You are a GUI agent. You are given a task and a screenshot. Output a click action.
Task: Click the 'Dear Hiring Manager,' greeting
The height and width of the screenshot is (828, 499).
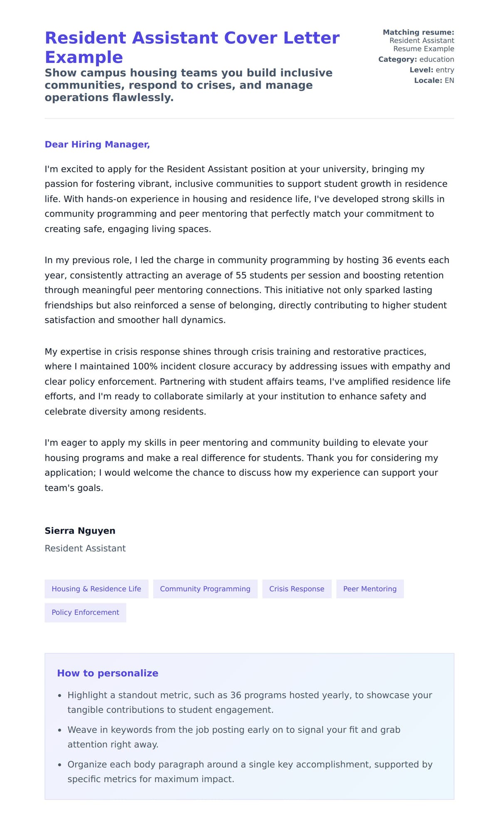(x=97, y=144)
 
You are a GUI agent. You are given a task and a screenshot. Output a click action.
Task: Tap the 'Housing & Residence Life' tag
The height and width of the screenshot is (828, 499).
(x=96, y=589)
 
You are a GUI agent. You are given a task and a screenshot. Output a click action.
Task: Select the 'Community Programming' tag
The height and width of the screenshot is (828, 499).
(x=205, y=589)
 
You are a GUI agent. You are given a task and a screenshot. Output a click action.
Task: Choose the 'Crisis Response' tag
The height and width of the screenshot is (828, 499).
(x=296, y=589)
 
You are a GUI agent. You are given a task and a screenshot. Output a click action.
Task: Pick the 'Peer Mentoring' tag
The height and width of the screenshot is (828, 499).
(x=370, y=589)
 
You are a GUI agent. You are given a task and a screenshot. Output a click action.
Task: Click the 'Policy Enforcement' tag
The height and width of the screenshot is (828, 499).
(x=85, y=613)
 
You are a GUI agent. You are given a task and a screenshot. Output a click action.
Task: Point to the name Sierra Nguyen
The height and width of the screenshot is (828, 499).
(x=80, y=531)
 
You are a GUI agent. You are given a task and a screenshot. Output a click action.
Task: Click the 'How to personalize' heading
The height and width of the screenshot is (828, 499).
(x=107, y=673)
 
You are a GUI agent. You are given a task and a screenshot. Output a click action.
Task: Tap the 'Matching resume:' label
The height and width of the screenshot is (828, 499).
(x=418, y=32)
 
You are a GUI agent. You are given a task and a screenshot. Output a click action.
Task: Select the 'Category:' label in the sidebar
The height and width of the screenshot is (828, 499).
(x=397, y=59)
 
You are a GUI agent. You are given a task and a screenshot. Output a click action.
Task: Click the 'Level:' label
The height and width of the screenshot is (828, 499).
(x=421, y=70)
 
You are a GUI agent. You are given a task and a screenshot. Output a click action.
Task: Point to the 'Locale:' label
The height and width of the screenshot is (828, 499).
(x=427, y=81)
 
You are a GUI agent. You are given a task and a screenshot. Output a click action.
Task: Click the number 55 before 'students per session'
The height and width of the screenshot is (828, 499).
(x=241, y=275)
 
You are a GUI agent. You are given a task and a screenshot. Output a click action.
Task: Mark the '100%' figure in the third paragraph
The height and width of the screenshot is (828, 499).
(x=145, y=366)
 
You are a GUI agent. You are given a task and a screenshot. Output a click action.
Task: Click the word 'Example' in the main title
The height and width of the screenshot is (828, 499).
(x=84, y=57)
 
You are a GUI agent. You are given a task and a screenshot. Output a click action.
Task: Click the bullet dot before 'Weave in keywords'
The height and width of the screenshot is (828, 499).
(x=60, y=730)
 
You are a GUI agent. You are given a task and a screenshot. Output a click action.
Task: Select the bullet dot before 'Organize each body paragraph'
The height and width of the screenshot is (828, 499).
(x=60, y=765)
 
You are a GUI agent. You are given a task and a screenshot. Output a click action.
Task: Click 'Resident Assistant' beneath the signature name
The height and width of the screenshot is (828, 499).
(x=85, y=549)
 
